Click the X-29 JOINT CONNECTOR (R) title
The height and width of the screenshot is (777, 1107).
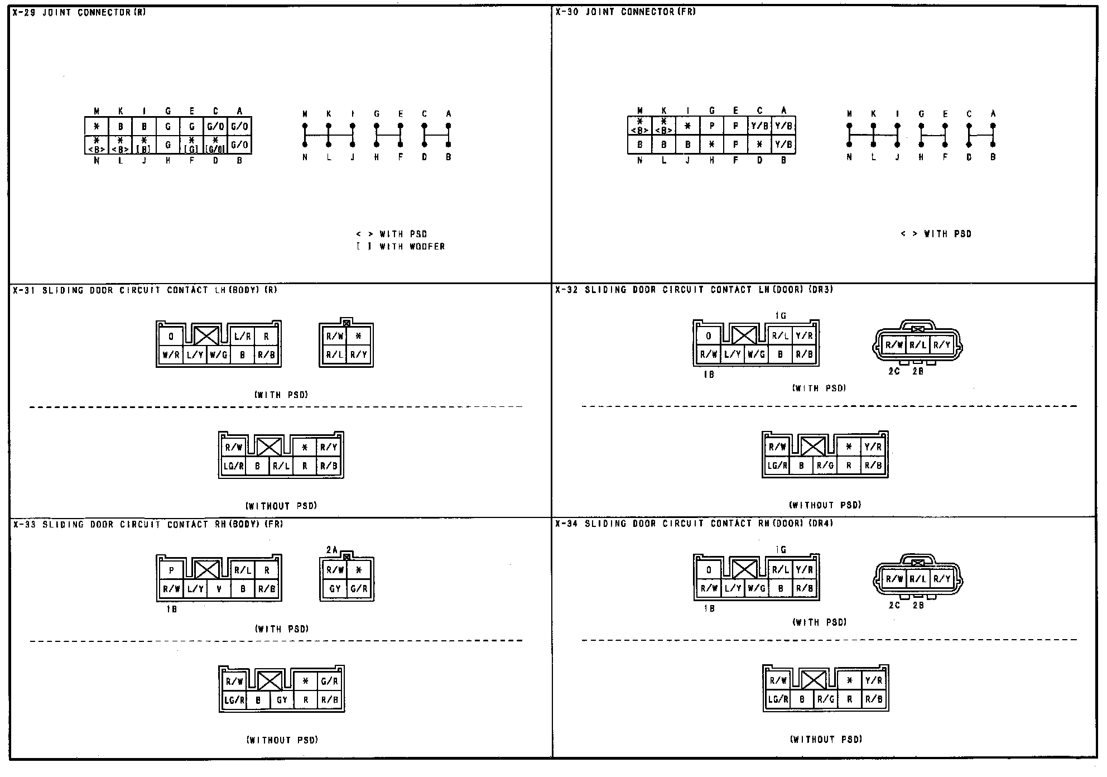[x=79, y=12]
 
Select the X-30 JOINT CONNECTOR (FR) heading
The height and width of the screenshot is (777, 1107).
[x=625, y=12]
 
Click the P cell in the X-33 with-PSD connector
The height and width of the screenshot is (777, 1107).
[x=172, y=570]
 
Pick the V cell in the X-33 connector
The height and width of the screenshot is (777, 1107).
[x=219, y=588]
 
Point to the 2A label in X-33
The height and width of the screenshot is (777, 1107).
[x=331, y=550]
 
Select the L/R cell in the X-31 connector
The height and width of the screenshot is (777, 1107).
[x=243, y=337]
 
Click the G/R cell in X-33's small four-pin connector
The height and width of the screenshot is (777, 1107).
[x=359, y=588]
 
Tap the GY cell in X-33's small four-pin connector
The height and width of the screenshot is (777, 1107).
[x=335, y=588]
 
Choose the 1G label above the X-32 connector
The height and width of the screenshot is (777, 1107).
[x=781, y=316]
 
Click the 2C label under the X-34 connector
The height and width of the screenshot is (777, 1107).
[x=894, y=605]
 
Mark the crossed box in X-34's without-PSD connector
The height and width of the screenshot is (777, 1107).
[x=814, y=680]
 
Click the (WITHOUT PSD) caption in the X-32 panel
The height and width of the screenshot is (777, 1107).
[x=825, y=505]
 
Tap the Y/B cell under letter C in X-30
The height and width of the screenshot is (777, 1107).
[x=759, y=126]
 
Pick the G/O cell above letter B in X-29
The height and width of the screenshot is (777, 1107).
[x=239, y=145]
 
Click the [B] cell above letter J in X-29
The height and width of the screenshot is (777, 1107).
[x=144, y=145]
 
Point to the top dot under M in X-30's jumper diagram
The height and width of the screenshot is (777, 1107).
[x=849, y=126]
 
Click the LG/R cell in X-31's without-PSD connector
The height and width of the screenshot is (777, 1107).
[x=234, y=466]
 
